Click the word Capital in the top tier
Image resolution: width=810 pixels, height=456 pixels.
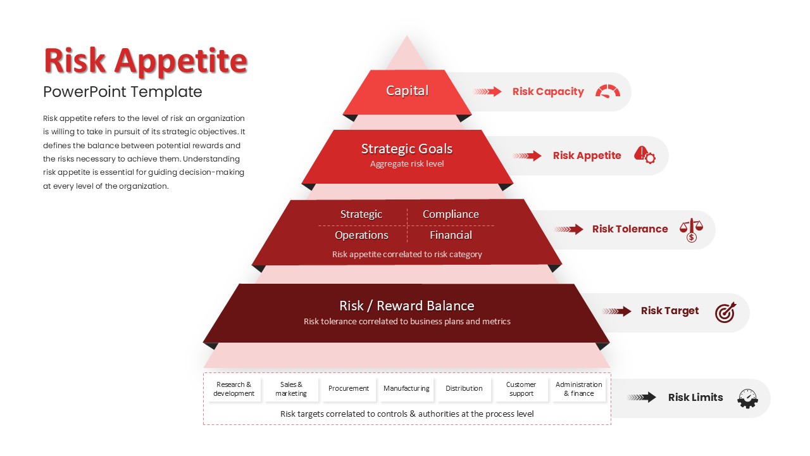pyautogui.click(x=407, y=91)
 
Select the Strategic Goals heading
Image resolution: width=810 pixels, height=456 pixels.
pyautogui.click(x=407, y=149)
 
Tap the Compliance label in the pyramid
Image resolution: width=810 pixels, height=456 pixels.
pyautogui.click(x=451, y=214)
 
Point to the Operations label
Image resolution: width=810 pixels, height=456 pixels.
pyautogui.click(x=361, y=235)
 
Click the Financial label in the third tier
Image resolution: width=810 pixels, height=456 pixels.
pyautogui.click(x=451, y=235)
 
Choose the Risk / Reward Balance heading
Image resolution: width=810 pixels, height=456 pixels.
pyautogui.click(x=407, y=306)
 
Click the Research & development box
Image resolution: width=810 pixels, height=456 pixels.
pyautogui.click(x=234, y=389)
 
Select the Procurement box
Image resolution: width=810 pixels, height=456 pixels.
pyautogui.click(x=349, y=389)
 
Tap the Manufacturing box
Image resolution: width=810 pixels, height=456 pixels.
pyautogui.click(x=406, y=389)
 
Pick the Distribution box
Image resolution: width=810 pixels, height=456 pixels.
pyautogui.click(x=464, y=389)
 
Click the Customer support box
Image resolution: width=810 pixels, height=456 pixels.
pyautogui.click(x=521, y=389)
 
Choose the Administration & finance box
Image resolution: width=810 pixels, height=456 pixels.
pyautogui.click(x=579, y=389)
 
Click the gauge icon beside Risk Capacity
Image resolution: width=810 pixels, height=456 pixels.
pyautogui.click(x=608, y=91)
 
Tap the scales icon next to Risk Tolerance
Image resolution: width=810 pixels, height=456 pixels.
pyautogui.click(x=691, y=230)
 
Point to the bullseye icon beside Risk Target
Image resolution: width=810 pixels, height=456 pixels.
pyautogui.click(x=725, y=312)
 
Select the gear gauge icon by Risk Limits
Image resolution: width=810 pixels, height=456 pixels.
pyautogui.click(x=747, y=398)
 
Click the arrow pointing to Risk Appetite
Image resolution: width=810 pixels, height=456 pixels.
pyautogui.click(x=527, y=156)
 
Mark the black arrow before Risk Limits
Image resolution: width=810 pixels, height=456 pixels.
pyautogui.click(x=642, y=397)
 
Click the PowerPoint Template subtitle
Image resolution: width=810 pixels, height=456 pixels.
pyautogui.click(x=123, y=92)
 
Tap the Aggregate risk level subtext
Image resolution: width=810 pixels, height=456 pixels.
pyautogui.click(x=407, y=164)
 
